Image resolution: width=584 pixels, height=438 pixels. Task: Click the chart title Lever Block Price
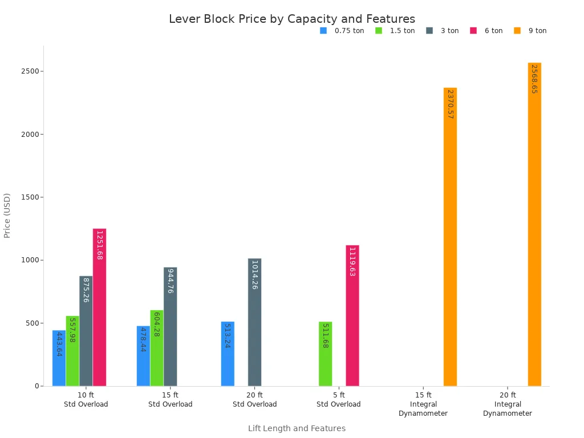point(292,19)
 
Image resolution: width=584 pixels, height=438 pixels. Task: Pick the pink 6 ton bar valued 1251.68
point(99,307)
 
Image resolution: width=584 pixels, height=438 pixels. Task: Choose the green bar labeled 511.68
point(325,354)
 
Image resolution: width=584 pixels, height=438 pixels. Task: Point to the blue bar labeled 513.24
point(228,354)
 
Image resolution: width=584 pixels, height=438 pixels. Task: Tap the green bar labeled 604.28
point(157,348)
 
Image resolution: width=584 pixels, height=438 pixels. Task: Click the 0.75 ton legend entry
point(342,31)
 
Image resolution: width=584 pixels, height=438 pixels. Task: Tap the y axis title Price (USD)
point(7,216)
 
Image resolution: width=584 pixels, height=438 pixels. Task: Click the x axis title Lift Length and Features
point(297,428)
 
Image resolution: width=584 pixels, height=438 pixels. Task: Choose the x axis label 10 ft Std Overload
point(86,399)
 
